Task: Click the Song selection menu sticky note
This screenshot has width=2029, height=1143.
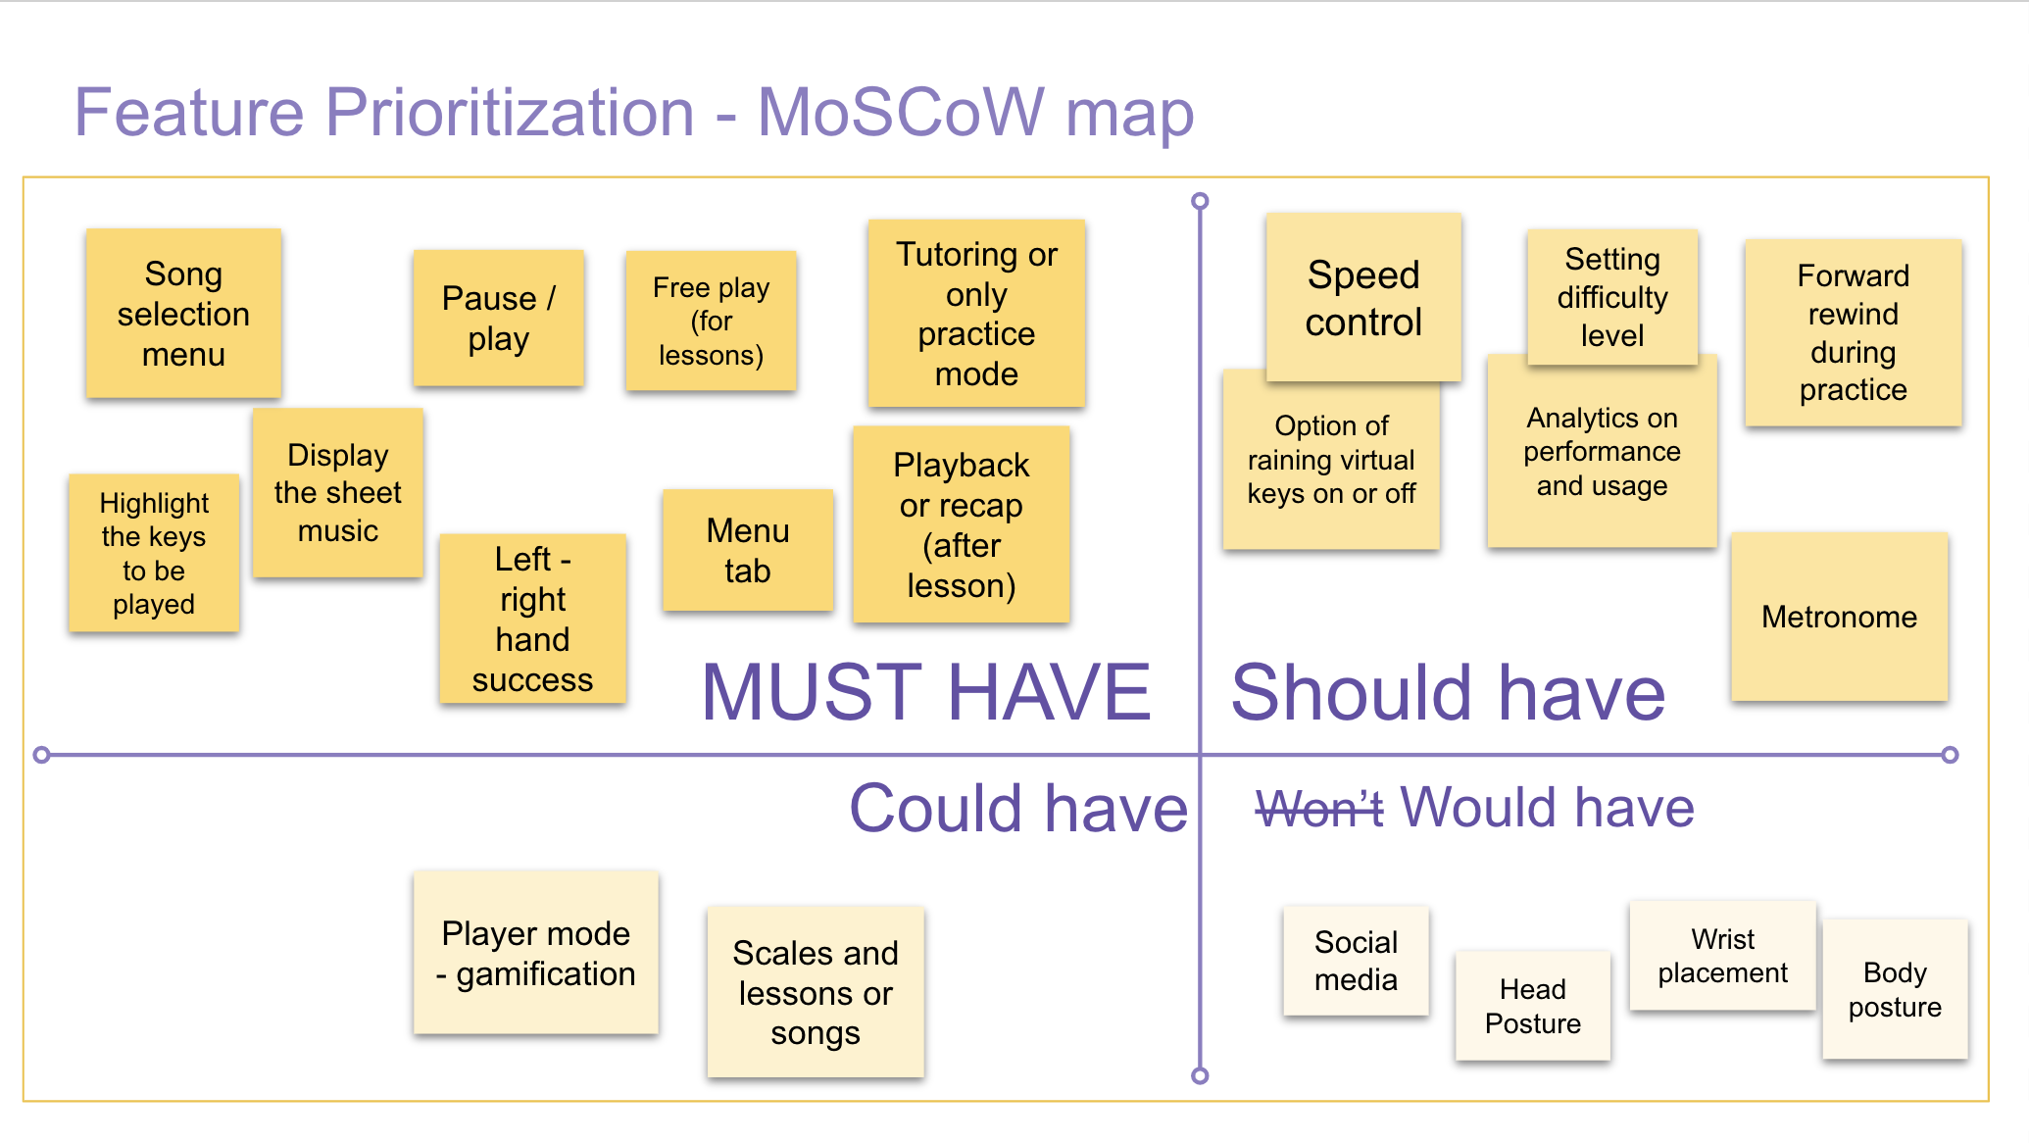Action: (x=183, y=314)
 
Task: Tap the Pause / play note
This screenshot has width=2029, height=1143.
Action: (x=498, y=318)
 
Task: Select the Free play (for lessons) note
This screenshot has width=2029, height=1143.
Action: (x=711, y=321)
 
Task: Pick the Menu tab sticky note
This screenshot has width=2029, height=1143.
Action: (x=747, y=550)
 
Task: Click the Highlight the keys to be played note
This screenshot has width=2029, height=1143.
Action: (x=154, y=553)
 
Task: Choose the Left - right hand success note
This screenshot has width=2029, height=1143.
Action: (x=532, y=619)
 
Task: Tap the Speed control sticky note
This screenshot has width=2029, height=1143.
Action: (x=1362, y=297)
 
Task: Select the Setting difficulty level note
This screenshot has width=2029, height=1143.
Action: (x=1611, y=296)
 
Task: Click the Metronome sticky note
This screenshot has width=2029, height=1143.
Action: (x=1839, y=617)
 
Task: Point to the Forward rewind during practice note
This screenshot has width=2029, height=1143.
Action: (x=1853, y=332)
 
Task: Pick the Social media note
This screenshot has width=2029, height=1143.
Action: (x=1356, y=961)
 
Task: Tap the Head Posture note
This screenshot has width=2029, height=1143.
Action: (x=1532, y=1006)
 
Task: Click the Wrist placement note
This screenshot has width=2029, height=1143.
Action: (x=1722, y=956)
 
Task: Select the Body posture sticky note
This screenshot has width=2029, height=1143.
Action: (x=1894, y=989)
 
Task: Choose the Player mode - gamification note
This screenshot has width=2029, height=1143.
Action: (x=535, y=953)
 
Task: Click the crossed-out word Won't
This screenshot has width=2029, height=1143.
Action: (x=1318, y=809)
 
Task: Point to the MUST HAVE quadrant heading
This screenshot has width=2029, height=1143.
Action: (x=926, y=692)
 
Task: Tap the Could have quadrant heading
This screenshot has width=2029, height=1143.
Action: (x=1018, y=809)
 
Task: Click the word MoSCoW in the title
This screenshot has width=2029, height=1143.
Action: (x=900, y=112)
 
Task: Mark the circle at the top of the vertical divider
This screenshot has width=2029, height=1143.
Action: (x=1200, y=201)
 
